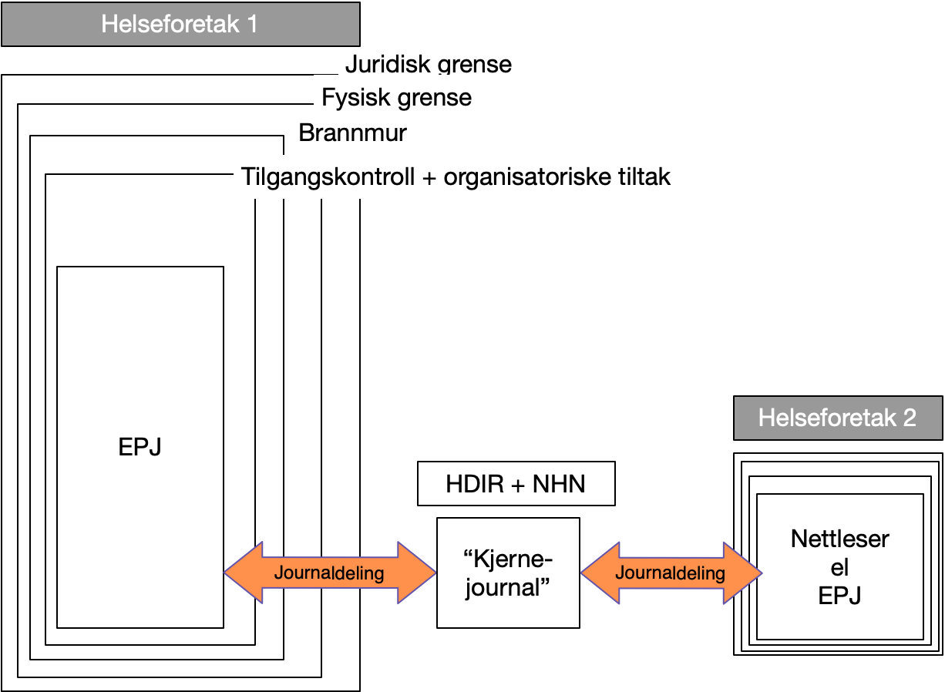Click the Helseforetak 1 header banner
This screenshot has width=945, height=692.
tap(180, 25)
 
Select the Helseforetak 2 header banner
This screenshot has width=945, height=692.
tap(837, 418)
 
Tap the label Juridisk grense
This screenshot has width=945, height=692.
tap(428, 63)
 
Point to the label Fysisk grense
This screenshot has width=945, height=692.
tap(396, 98)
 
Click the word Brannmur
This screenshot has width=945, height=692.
tap(352, 133)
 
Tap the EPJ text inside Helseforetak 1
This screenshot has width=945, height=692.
tap(140, 447)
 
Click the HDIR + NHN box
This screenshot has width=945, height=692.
tap(516, 484)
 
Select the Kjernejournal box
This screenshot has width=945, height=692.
tap(508, 573)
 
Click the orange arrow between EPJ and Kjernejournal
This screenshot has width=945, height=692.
tap(330, 573)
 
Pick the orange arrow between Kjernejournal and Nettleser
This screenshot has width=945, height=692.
tap(671, 573)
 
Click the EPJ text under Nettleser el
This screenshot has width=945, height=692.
tap(839, 596)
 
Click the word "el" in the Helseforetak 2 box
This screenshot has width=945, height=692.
tap(839, 567)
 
